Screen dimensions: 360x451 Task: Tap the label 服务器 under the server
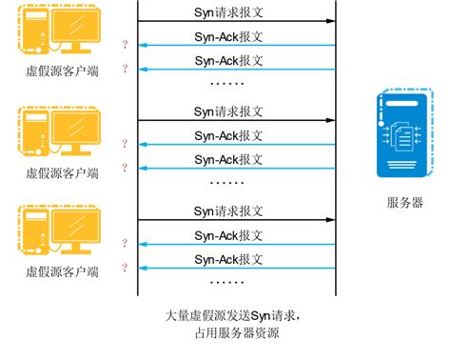pyautogui.click(x=404, y=202)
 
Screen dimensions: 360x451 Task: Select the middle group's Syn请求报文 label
pyautogui.click(x=228, y=110)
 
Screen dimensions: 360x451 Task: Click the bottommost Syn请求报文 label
pyautogui.click(x=228, y=210)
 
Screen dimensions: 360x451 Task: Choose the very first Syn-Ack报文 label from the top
pyautogui.click(x=228, y=36)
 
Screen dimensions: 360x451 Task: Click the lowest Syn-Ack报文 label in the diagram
pyautogui.click(x=228, y=258)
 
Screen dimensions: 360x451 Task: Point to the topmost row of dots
pyautogui.click(x=226, y=84)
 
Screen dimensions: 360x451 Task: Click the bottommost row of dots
pyautogui.click(x=226, y=282)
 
